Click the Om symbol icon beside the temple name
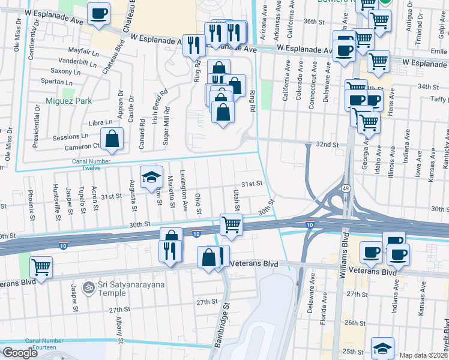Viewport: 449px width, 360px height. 89,288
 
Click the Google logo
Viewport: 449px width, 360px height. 19,353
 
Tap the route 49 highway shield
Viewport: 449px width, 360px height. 346,189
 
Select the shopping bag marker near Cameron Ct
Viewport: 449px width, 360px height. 112,139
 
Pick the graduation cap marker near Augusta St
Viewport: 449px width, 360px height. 152,177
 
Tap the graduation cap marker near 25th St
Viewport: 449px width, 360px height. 382,348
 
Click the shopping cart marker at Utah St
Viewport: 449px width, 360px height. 231,224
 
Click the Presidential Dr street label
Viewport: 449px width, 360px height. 37,126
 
